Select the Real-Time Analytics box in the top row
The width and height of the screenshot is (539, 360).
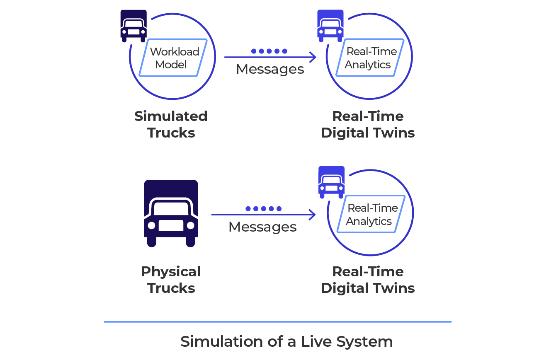[369, 58]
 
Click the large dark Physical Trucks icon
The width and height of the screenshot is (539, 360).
[171, 213]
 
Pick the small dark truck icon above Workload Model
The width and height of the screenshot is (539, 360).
[134, 26]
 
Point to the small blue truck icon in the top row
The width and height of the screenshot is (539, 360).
[330, 26]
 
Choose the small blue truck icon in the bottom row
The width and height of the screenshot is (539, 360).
[331, 182]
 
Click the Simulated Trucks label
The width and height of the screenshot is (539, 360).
[171, 124]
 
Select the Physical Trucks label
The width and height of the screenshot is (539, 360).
[171, 280]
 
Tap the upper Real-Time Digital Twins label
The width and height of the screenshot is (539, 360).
[368, 124]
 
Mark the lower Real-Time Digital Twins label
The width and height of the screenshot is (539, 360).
[368, 280]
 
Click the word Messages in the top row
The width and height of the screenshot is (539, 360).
[270, 69]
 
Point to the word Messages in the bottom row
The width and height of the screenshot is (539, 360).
[262, 227]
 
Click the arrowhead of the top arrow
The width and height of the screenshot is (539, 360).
[313, 57]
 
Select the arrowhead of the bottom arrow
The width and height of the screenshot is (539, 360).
[313, 215]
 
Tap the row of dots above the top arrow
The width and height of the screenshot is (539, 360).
[269, 51]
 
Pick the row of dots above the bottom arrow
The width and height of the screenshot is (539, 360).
[263, 208]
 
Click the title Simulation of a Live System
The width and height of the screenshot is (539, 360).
[286, 342]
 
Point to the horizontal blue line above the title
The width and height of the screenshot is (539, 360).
[277, 321]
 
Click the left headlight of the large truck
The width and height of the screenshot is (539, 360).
[152, 225]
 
